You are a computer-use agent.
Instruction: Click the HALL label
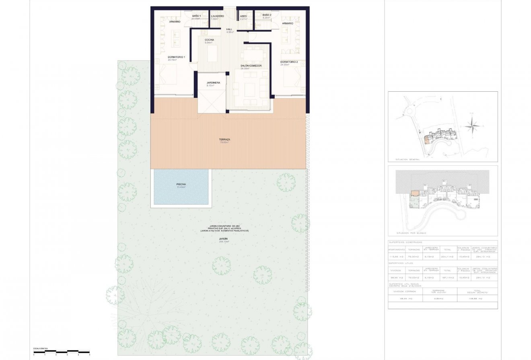click(229, 29)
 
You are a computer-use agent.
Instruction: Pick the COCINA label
click(209, 40)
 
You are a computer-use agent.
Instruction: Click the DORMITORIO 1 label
click(176, 58)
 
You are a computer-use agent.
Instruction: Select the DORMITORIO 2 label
click(289, 62)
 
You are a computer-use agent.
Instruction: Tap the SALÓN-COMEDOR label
click(251, 66)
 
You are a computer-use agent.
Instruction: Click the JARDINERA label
click(213, 83)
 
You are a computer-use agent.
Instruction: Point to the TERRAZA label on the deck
click(224, 140)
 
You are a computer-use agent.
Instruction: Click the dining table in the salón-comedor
click(253, 54)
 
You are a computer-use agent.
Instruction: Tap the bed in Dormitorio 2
click(292, 77)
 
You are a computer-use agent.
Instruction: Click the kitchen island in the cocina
click(212, 52)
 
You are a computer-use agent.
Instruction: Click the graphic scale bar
click(61, 352)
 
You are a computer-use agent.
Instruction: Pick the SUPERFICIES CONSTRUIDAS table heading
click(405, 243)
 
